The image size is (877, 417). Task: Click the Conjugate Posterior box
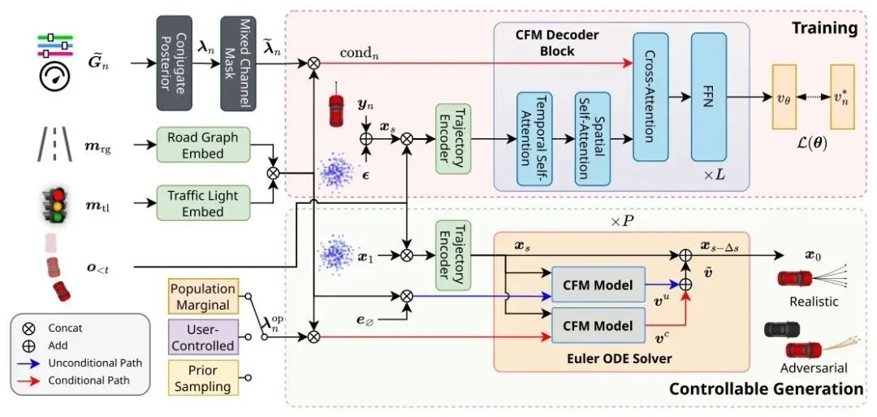pos(174,63)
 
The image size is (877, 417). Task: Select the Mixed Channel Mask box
pos(238,63)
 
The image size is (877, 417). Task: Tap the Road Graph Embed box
pos(203,146)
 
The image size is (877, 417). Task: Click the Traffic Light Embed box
pos(203,204)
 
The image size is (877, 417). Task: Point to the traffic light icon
pos(55,204)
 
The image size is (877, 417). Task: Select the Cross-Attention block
pos(650,96)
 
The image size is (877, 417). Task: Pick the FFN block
pos(709,96)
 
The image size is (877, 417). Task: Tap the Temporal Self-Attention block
pos(534,139)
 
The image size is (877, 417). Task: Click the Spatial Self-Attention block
pos(592,139)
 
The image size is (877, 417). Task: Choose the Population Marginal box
pos(203,297)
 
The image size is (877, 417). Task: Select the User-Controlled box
pos(203,337)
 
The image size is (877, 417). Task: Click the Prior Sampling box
pos(203,378)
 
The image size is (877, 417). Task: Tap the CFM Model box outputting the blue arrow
pos(598,285)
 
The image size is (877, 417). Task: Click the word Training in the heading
pos(824,28)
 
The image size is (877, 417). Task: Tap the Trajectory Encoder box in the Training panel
pos(453,138)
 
